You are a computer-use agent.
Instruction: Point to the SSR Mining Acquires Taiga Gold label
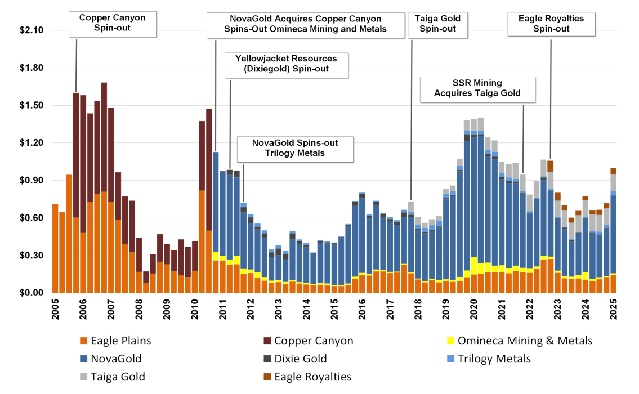coord(477,88)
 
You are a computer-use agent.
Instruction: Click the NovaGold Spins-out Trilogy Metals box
coord(296,147)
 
